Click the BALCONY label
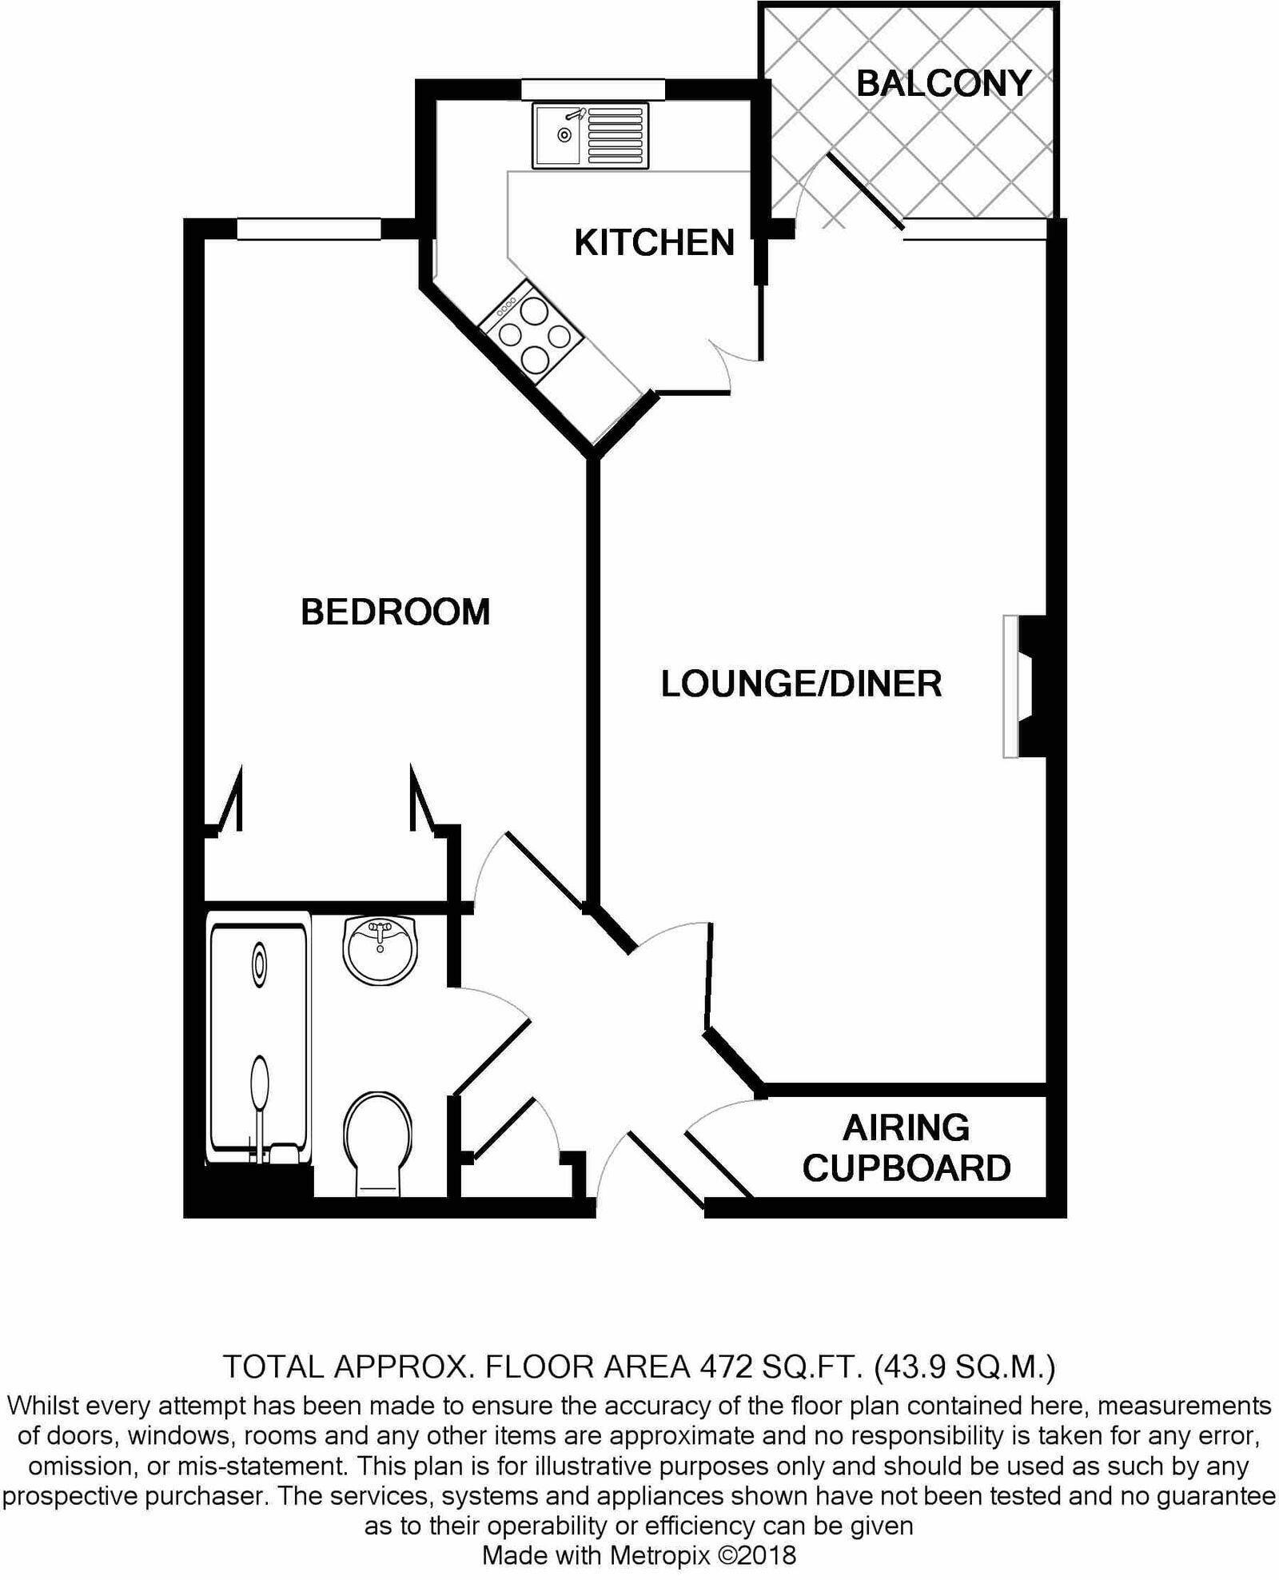(x=943, y=83)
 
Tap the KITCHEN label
(x=654, y=242)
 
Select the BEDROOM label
(x=395, y=612)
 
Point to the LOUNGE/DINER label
(x=801, y=684)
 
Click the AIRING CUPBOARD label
(x=906, y=1148)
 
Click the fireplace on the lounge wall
(x=1023, y=686)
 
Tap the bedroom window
(x=309, y=229)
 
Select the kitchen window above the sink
(x=592, y=90)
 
